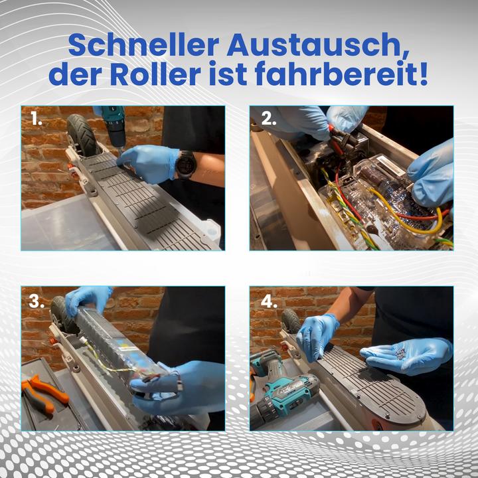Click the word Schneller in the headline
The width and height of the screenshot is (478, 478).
click(143, 45)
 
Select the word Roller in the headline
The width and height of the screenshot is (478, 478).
click(155, 74)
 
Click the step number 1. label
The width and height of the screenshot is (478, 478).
click(37, 119)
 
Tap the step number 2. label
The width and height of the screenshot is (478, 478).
click(269, 119)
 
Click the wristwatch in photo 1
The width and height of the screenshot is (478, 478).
click(186, 165)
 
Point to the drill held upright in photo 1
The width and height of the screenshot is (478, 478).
click(114, 128)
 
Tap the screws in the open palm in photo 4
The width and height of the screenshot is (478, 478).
click(396, 354)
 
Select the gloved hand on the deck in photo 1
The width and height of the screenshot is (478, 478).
click(149, 163)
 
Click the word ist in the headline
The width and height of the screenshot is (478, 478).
click(228, 74)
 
